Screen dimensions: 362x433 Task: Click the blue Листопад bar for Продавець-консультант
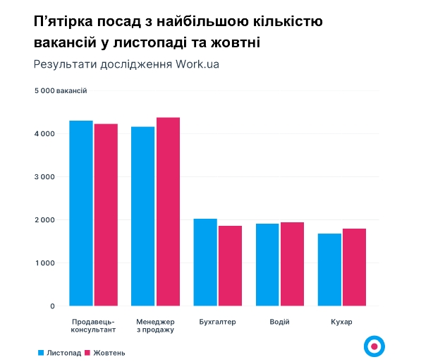(x=81, y=213)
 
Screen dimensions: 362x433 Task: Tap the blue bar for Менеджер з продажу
(x=143, y=216)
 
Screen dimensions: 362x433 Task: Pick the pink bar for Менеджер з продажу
(x=168, y=212)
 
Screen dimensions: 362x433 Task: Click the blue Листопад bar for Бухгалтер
(x=205, y=263)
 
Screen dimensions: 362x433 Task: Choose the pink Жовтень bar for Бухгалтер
(x=230, y=266)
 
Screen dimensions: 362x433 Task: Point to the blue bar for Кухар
(x=329, y=270)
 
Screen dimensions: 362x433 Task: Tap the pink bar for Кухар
(x=354, y=267)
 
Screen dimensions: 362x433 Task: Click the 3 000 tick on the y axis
(x=44, y=177)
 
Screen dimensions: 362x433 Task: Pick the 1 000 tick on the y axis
(x=44, y=263)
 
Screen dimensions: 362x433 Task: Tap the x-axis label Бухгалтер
(x=217, y=322)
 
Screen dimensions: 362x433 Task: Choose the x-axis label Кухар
(x=341, y=322)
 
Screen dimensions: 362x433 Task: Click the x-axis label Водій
(x=279, y=322)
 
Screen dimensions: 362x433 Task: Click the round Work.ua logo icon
(x=374, y=346)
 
